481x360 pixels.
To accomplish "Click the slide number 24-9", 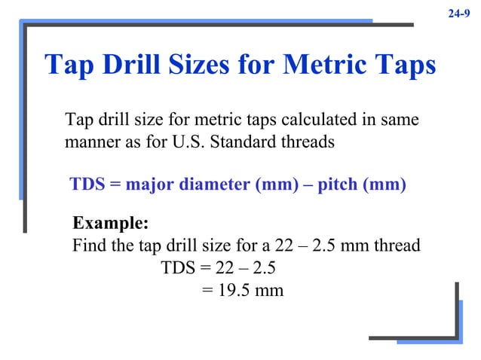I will [x=459, y=12].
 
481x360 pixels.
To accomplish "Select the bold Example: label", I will [x=110, y=224].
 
